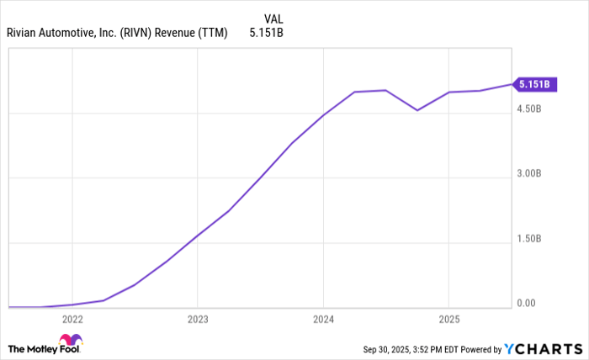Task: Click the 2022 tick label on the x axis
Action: click(x=72, y=320)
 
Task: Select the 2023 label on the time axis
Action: click(x=197, y=320)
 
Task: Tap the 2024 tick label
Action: click(x=323, y=320)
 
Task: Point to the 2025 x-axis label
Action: click(x=448, y=320)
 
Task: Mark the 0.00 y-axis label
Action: click(x=527, y=304)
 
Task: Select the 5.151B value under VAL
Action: click(x=266, y=34)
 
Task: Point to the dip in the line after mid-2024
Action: click(x=417, y=110)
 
